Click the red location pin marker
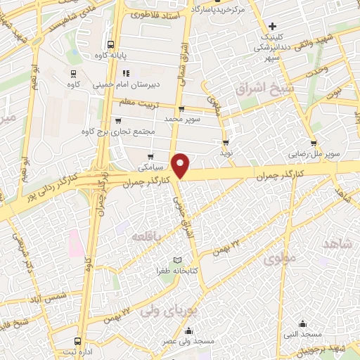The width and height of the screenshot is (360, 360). [x=181, y=165]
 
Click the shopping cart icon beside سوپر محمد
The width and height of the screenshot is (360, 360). [x=181, y=109]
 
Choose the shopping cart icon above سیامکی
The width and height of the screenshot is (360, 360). [x=150, y=157]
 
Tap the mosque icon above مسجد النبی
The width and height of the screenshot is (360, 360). [x=302, y=323]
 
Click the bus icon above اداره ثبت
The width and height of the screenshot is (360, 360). [x=78, y=341]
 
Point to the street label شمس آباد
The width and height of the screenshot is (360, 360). [x=60, y=300]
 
